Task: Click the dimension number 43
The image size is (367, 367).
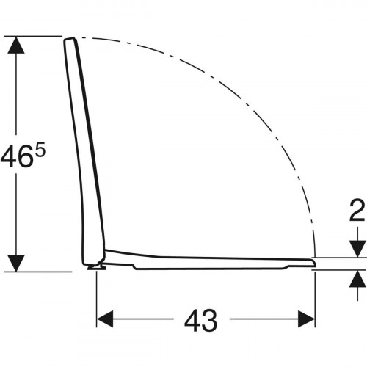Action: click(x=200, y=320)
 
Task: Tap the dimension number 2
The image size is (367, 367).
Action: click(x=357, y=210)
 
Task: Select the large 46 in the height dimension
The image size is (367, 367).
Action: click(x=17, y=156)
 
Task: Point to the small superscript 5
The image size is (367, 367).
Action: click(x=41, y=152)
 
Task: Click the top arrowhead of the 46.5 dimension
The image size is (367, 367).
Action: click(x=16, y=45)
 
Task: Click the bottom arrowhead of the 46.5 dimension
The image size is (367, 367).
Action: click(x=16, y=264)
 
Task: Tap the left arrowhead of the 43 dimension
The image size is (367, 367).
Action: click(x=105, y=319)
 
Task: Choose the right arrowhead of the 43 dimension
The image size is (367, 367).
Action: click(x=306, y=319)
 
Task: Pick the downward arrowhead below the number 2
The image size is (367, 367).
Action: click(x=357, y=249)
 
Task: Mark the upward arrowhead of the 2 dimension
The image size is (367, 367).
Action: click(x=357, y=278)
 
